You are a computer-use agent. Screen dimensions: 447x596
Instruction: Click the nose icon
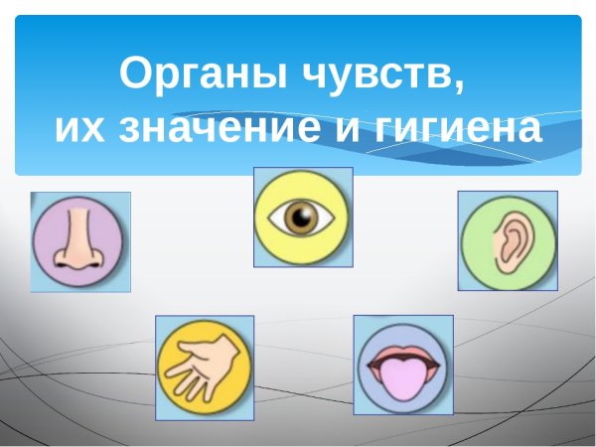79,241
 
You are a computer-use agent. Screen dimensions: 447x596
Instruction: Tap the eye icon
303,218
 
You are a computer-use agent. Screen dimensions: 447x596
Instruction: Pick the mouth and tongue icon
403,365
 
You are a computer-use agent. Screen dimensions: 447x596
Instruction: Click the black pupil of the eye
304,218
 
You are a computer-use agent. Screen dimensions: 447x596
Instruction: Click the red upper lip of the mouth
403,353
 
